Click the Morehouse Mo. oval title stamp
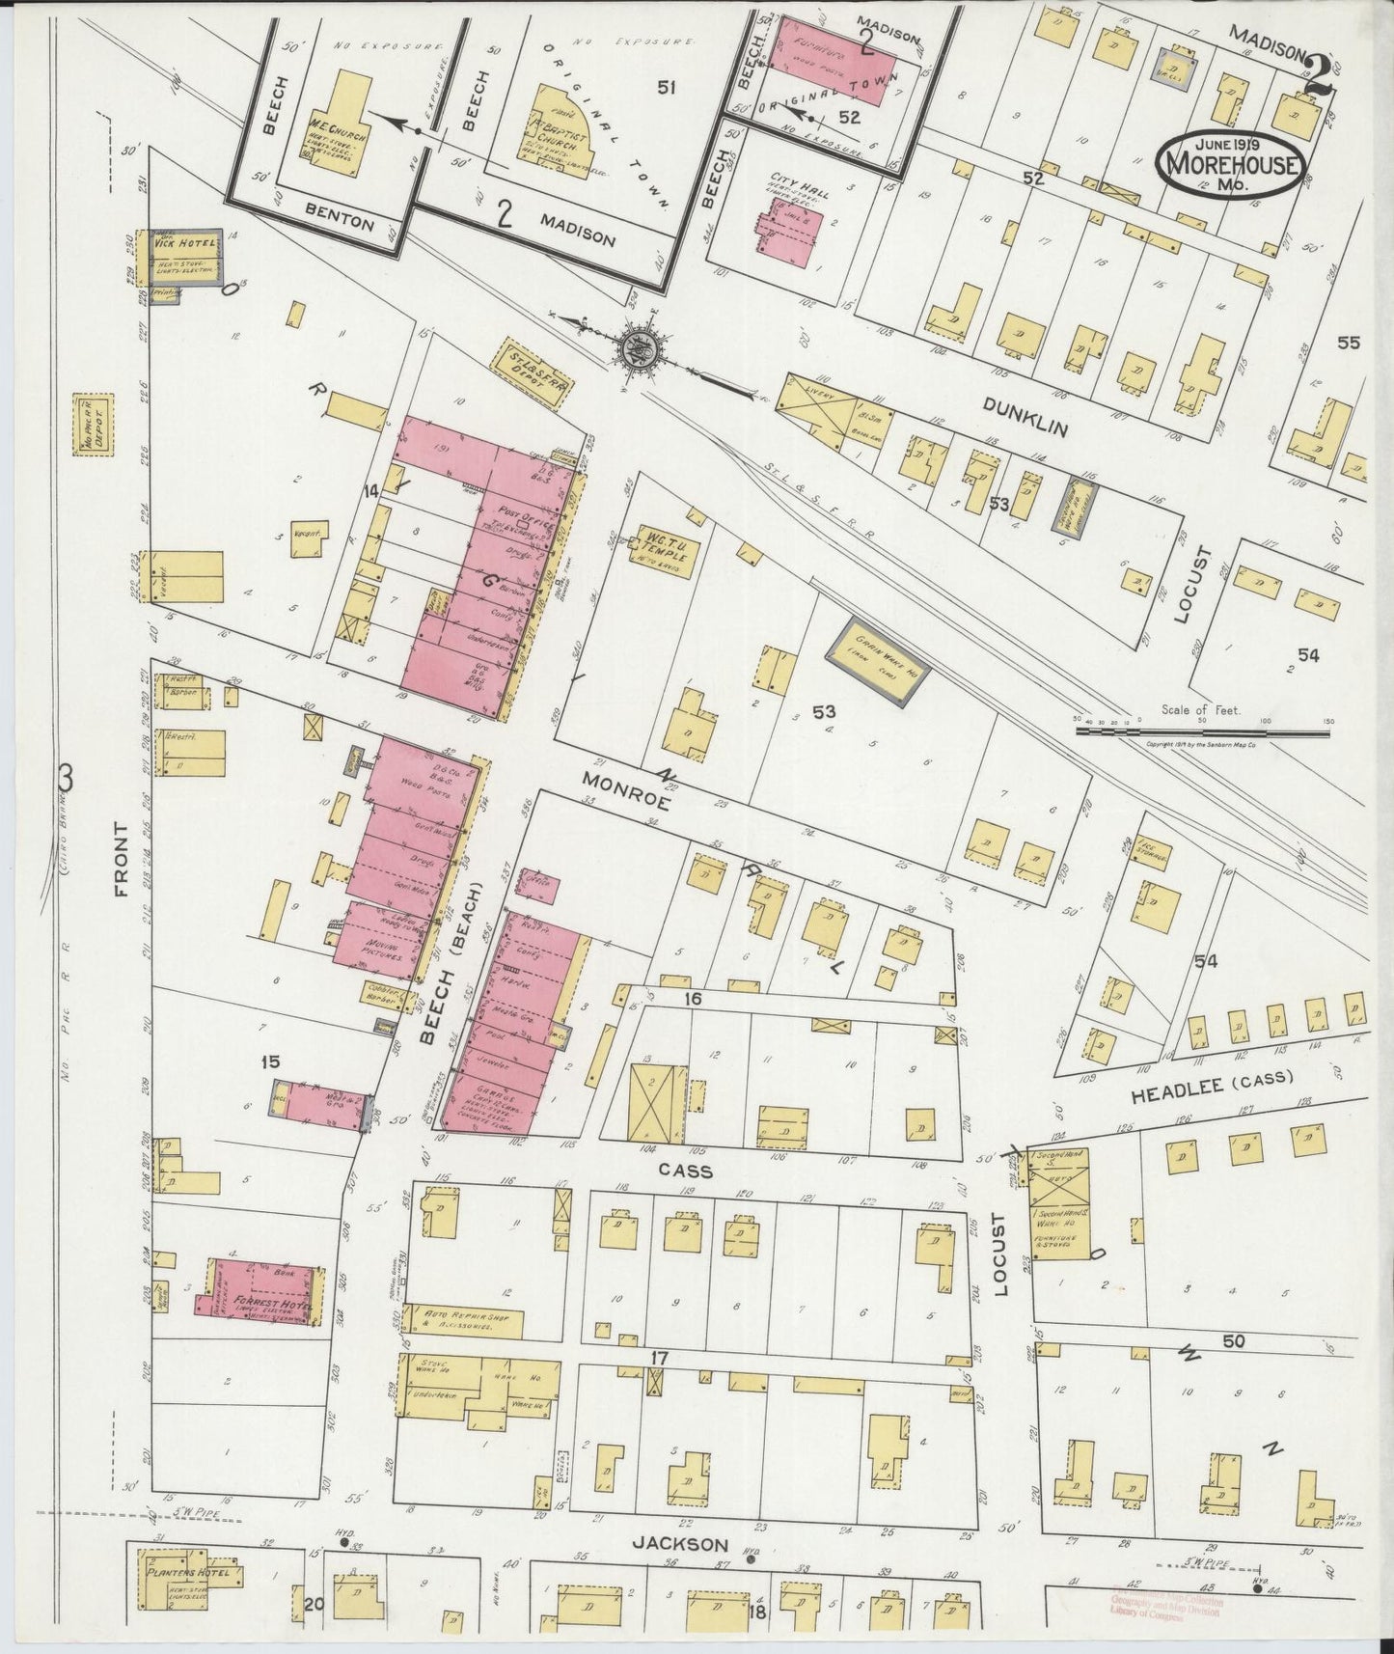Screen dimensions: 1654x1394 1232,165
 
